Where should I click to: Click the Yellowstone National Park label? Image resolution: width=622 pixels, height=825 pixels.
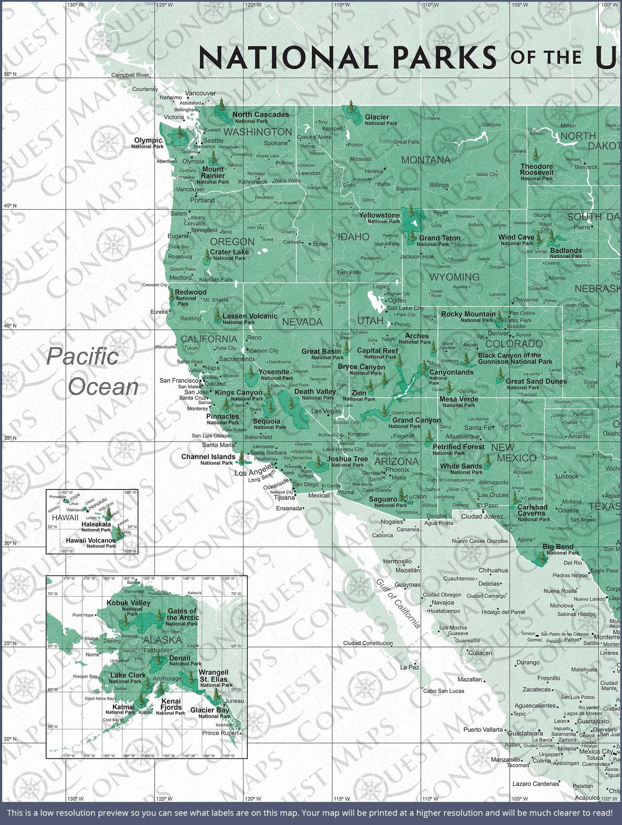point(380,218)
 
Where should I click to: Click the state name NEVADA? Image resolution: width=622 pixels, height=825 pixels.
point(302,322)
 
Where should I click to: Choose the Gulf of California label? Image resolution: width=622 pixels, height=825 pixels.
point(398,603)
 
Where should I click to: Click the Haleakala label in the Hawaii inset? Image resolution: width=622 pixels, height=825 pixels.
point(96,526)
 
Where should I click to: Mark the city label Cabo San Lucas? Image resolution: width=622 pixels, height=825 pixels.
point(443,691)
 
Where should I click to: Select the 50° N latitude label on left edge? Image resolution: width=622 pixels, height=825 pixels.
point(10,74)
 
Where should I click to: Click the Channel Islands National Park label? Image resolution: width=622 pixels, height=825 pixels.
point(209,459)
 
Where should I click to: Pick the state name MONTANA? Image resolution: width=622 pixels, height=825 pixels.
point(425,160)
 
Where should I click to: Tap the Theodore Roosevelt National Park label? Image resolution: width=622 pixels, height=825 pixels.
point(536,172)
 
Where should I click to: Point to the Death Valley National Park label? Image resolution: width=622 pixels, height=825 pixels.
point(315,394)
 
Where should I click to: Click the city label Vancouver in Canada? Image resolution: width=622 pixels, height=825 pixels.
point(200,93)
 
